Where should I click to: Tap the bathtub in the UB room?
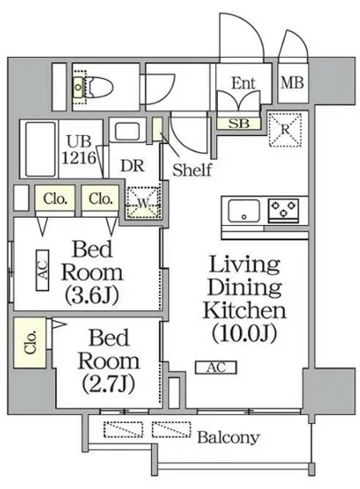point(40,149)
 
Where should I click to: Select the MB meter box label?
point(292,84)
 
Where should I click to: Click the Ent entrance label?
point(244,84)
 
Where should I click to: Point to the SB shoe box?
point(239,124)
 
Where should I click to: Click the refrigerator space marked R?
point(285,130)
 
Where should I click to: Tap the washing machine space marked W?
point(143,203)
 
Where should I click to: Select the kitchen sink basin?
point(244,211)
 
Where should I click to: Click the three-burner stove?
point(284,209)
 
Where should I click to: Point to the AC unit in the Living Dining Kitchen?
point(216,367)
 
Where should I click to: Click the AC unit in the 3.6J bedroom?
point(43,270)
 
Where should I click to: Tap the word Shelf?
point(192,170)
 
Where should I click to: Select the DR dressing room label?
point(132,166)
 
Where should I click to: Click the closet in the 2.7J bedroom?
point(30,342)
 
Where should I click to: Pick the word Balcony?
point(228,437)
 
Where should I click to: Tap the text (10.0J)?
point(244,333)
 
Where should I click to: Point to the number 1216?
point(79,157)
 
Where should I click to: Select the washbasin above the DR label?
point(127,131)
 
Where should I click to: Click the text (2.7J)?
point(108,383)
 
